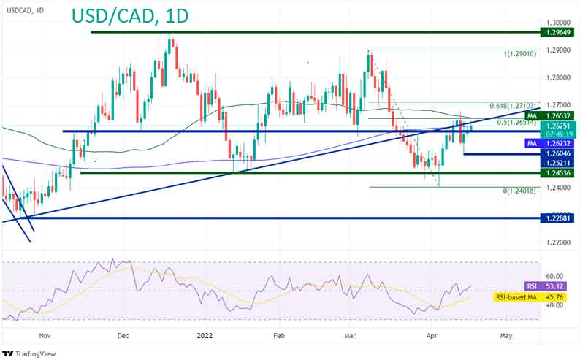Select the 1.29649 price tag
(x=557, y=33)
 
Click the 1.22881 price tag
(x=557, y=218)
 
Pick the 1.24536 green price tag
(x=557, y=173)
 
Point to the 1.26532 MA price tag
(x=557, y=115)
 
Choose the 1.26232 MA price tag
(x=557, y=145)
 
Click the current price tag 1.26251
(x=557, y=126)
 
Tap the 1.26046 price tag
(x=557, y=155)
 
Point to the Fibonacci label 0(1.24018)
(x=521, y=190)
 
